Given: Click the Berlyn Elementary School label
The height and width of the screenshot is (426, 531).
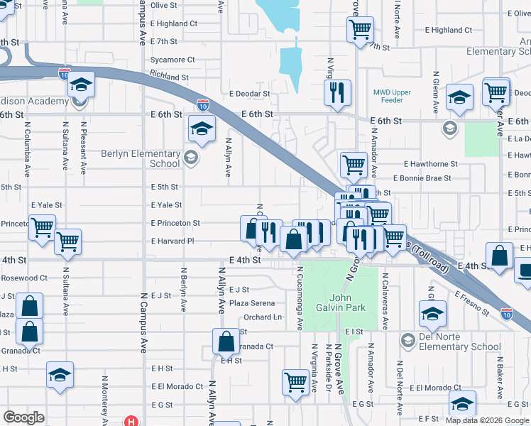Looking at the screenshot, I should [141, 158].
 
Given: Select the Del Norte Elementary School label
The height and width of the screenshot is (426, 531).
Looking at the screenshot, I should [459, 342].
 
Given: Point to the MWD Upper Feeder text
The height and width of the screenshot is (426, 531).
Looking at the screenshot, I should [392, 97].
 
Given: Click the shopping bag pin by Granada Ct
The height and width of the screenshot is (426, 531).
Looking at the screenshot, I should [226, 342].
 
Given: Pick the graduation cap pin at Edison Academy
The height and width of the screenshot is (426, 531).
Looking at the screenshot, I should [81, 85].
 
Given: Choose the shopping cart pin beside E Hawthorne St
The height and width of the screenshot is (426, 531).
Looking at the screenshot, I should [354, 165].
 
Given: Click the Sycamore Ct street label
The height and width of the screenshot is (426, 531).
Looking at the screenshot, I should [173, 60].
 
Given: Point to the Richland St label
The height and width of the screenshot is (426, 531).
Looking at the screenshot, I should [169, 77].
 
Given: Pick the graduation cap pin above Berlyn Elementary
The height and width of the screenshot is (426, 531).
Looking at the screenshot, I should [202, 129].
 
